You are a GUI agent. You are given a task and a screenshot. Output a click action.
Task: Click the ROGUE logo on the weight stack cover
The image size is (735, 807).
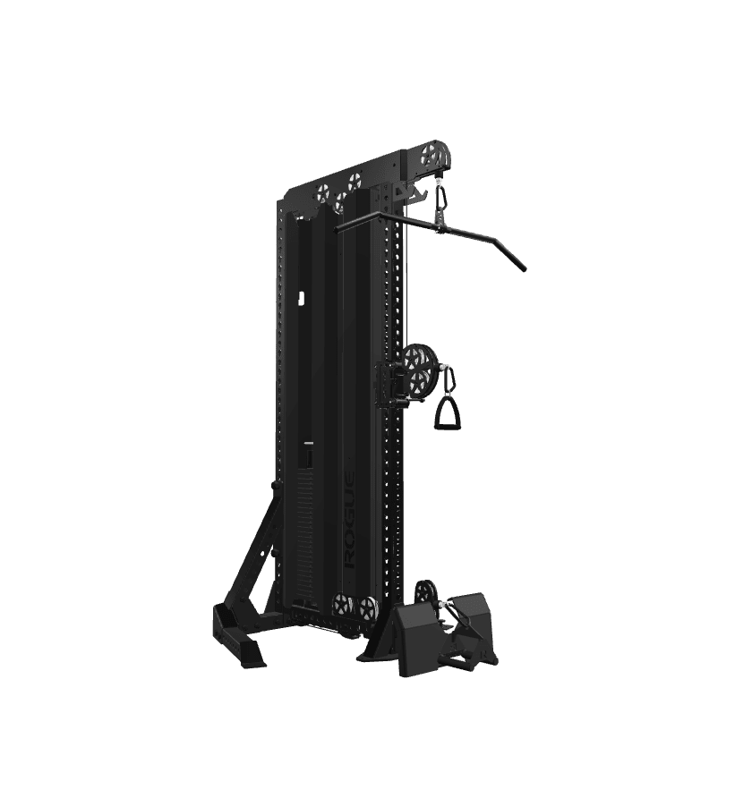(x=349, y=520)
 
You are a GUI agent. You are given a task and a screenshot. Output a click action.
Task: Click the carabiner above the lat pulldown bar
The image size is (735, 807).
(x=442, y=202)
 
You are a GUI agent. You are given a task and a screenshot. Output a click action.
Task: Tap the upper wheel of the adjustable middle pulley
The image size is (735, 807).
(x=418, y=357)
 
